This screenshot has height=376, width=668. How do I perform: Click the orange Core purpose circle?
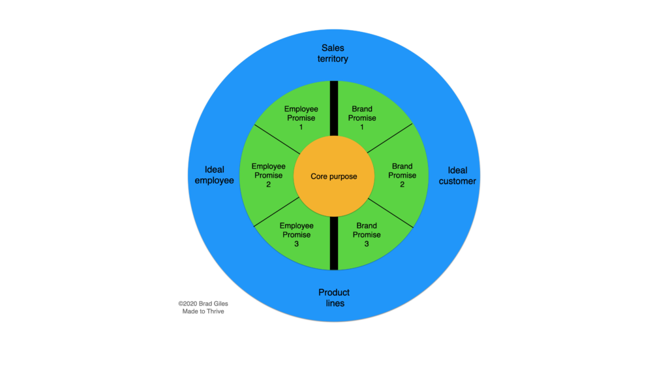point(333,176)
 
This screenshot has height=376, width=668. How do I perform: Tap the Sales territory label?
point(333,54)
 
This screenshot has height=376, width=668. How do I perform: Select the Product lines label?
point(333,298)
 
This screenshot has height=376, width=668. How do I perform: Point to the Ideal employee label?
point(214,175)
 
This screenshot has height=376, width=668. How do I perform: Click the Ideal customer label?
point(457,176)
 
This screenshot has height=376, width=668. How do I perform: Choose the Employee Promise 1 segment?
point(301,117)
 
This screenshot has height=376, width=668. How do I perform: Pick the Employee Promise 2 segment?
point(268,175)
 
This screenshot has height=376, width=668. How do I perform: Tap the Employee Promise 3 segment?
point(296,234)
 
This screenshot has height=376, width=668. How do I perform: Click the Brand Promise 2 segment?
point(402,175)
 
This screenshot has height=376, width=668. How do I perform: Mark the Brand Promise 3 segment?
point(367,234)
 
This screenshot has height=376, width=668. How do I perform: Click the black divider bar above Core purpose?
point(333,108)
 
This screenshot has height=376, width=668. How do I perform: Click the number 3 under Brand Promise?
point(367,243)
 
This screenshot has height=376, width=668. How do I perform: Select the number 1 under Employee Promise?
point(301,127)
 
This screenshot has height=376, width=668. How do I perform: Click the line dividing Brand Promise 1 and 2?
point(390,138)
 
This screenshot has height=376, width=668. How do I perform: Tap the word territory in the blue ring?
point(333,59)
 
